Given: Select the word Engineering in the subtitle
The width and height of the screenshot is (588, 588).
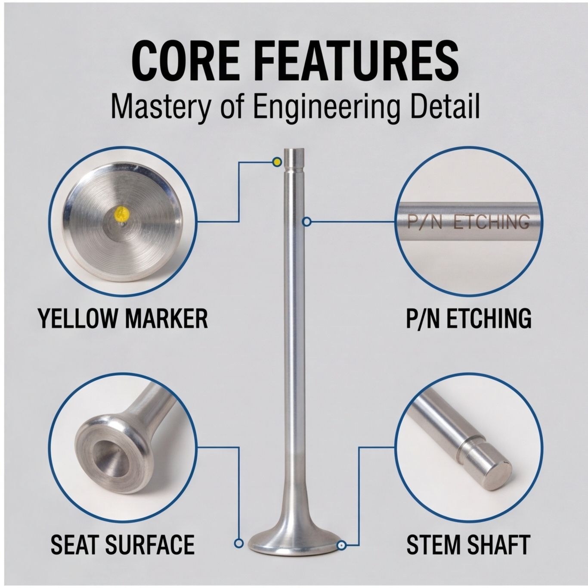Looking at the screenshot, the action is (326, 109).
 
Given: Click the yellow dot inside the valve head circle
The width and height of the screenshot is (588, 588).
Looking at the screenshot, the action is (122, 213).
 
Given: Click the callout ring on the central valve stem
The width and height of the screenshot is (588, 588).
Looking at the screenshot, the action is (307, 222).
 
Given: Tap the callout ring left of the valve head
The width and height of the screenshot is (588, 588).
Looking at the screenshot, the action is (238, 552).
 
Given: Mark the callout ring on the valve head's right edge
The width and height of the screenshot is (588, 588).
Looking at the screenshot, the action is (341, 554).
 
